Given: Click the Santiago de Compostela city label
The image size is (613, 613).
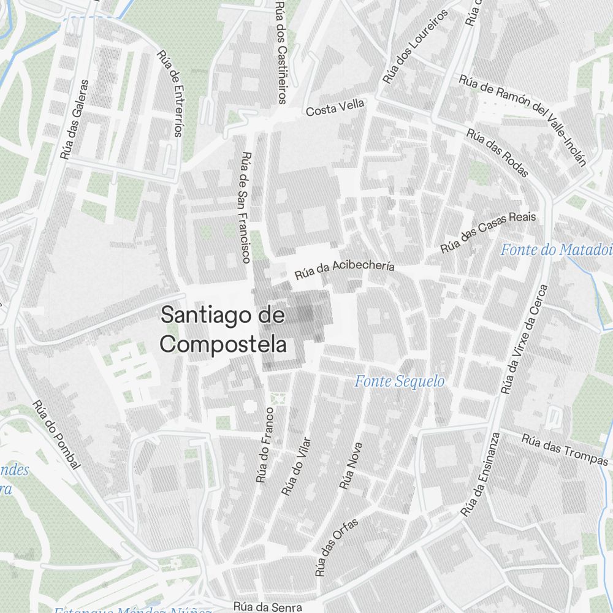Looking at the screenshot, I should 223,330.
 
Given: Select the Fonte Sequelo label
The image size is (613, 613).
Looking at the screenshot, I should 400,381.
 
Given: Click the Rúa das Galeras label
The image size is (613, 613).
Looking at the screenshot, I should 74,120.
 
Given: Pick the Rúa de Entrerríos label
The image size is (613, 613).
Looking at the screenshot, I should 170,93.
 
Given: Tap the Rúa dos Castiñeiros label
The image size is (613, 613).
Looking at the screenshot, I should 281,52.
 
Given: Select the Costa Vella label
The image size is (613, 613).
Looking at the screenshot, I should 335,107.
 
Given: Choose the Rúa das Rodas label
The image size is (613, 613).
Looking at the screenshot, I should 497,152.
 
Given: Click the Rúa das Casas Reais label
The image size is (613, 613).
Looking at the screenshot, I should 488,233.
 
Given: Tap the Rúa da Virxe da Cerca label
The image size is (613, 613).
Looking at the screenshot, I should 524,339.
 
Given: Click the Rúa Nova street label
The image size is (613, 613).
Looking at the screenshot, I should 351,466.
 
